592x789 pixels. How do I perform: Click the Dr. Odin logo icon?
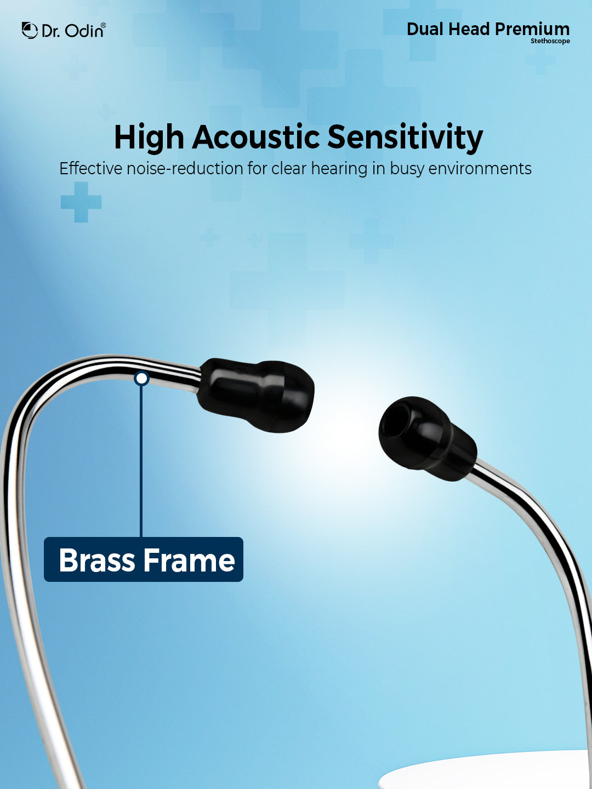[x=30, y=30]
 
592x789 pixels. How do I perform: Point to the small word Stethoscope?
[x=550, y=41]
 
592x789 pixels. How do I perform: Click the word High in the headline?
[x=149, y=138]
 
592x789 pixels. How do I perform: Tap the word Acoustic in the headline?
[x=256, y=137]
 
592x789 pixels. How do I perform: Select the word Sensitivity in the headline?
[x=405, y=138]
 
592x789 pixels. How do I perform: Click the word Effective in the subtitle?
[x=90, y=168]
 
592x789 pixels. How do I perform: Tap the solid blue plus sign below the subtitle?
[x=81, y=202]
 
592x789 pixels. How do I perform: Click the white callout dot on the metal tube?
[x=141, y=379]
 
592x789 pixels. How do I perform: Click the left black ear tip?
[x=256, y=395]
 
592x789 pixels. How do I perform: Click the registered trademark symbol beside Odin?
[x=104, y=25]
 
